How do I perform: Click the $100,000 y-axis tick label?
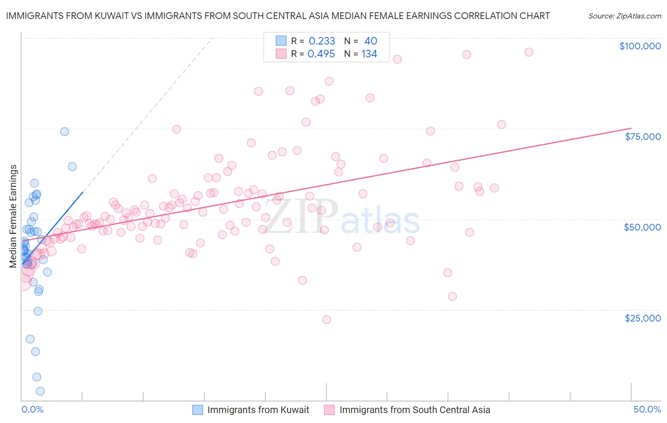pos(640,46)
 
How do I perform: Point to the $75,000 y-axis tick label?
pos(642,137)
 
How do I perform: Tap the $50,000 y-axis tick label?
pos(642,227)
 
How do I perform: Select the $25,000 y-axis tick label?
pos(642,318)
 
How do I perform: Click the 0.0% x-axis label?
pos(32,409)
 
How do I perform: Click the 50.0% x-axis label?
pos(647,409)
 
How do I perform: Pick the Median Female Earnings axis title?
pos(13,216)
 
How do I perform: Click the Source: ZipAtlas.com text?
pos(624,16)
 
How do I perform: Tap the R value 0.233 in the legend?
pos(322,41)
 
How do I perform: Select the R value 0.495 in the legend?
pos(321,54)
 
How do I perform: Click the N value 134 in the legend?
pos(369,54)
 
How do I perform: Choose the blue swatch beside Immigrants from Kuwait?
pos(197,410)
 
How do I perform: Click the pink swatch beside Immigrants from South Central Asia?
pos(329,410)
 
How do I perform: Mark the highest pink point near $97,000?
pos(528,52)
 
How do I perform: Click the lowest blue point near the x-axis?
pos(40,391)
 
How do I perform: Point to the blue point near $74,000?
pos(65,131)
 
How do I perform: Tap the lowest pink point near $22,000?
pos(326,320)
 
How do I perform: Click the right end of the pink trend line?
pos(631,128)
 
